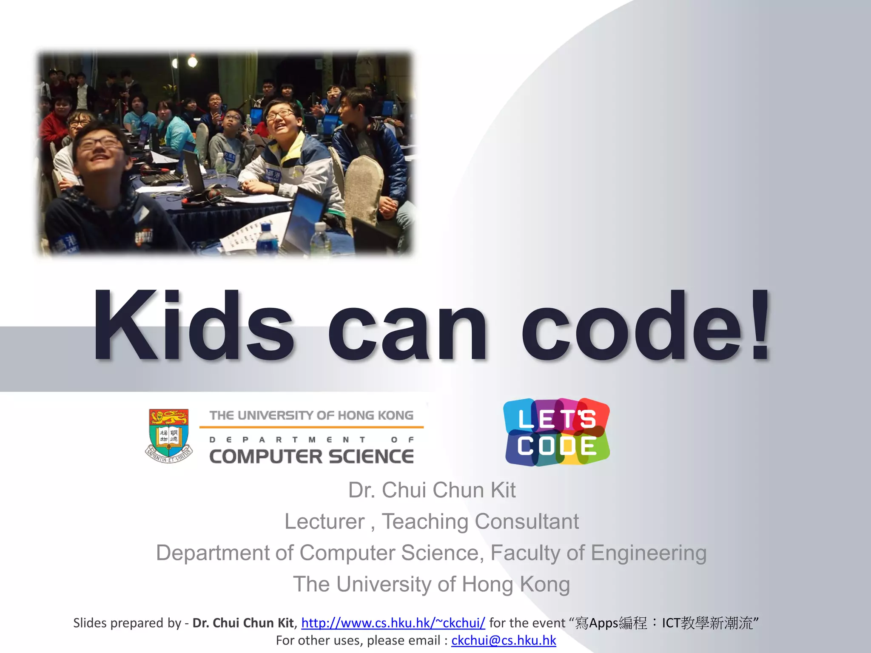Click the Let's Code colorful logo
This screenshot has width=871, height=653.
(557, 432)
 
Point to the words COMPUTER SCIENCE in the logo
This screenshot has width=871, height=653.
(311, 457)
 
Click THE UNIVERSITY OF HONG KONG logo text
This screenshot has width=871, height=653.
(311, 415)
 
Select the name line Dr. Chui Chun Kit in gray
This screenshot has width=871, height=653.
(432, 490)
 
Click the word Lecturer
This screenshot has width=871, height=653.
(324, 521)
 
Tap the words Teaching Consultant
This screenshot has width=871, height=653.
(480, 521)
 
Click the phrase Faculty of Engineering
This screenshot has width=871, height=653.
(598, 553)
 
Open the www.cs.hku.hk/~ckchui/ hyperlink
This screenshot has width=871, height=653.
(393, 623)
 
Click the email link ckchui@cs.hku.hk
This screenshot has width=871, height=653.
(504, 640)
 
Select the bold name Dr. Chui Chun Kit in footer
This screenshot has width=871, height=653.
(243, 623)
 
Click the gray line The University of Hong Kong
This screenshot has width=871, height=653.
(432, 584)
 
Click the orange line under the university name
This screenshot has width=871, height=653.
(311, 427)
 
